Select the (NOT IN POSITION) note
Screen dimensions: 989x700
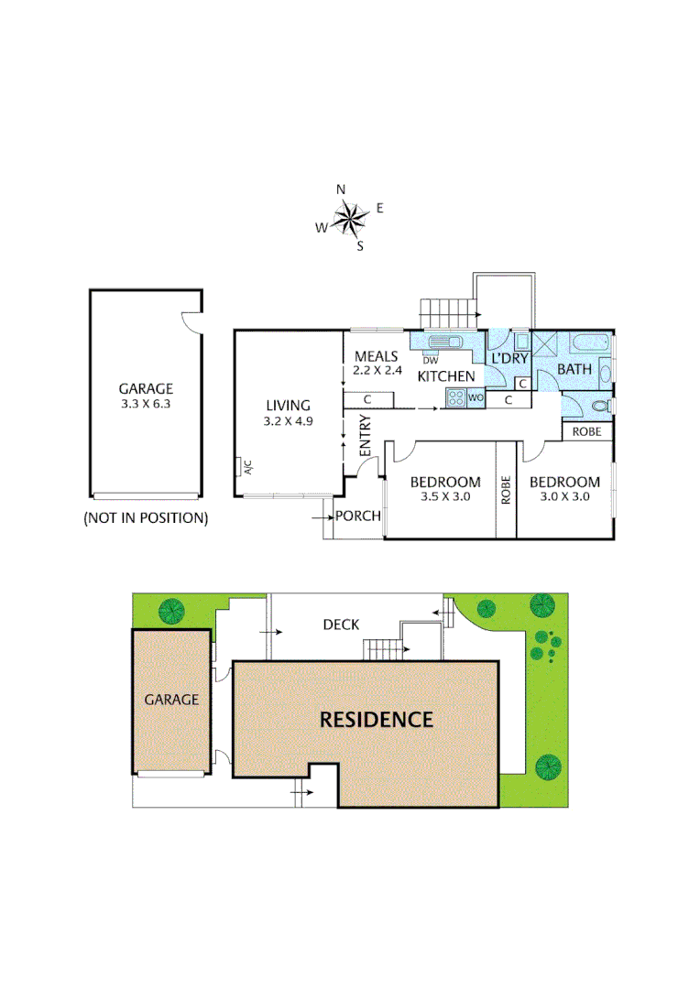(x=146, y=518)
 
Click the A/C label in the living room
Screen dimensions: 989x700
(x=246, y=467)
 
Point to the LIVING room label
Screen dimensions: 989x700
(x=289, y=406)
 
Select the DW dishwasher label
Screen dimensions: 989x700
(x=431, y=360)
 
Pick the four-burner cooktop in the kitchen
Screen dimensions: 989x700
(x=455, y=397)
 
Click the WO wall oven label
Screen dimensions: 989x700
(x=475, y=398)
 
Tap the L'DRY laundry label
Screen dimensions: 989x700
(x=510, y=358)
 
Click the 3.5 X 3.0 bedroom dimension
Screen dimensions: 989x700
(x=444, y=498)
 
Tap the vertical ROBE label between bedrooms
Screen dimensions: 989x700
(x=506, y=490)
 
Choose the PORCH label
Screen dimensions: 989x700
(x=357, y=516)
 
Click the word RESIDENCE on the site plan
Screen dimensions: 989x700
(x=376, y=720)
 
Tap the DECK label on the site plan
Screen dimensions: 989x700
(x=340, y=625)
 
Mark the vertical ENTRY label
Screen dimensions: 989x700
(x=366, y=438)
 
